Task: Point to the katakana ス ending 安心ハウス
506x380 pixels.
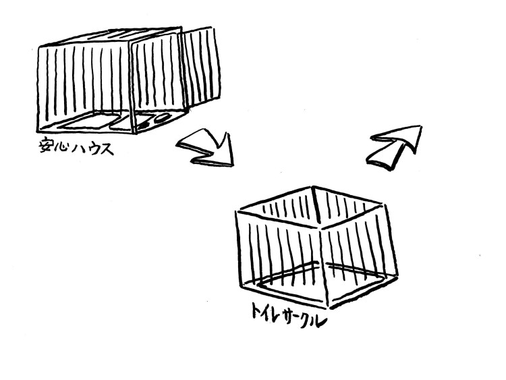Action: point(107,149)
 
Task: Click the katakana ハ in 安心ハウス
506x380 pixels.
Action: point(79,148)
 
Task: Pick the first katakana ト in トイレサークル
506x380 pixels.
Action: point(257,310)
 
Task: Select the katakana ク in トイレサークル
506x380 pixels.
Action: point(306,321)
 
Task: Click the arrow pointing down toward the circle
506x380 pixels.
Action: point(207,148)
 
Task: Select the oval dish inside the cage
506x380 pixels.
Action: point(161,118)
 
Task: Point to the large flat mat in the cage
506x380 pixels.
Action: point(88,122)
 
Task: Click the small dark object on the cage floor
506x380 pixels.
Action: point(143,125)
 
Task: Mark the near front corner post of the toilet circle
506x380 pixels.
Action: point(324,267)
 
